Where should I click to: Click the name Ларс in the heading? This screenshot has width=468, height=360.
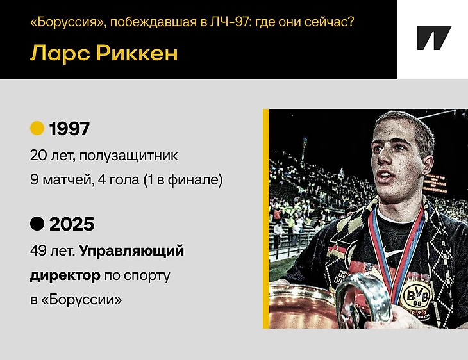[60, 54]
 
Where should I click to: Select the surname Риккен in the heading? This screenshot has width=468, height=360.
[137, 53]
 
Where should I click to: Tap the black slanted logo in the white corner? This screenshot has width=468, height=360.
[433, 38]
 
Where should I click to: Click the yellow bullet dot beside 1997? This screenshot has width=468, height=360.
[37, 128]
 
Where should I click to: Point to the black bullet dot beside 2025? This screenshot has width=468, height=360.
[37, 224]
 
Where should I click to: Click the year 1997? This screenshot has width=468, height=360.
[69, 129]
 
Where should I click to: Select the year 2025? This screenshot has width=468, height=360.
[72, 224]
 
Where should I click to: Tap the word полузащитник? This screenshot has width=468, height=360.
[129, 156]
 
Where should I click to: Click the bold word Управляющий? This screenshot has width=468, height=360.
[131, 251]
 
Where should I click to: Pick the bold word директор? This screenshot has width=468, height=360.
[65, 275]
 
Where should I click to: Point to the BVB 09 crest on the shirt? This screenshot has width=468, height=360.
[416, 296]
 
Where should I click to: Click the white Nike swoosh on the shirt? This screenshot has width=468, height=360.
[390, 253]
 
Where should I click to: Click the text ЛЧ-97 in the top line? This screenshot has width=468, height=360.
[229, 22]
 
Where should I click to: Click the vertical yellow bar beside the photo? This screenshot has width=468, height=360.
[266, 218]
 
